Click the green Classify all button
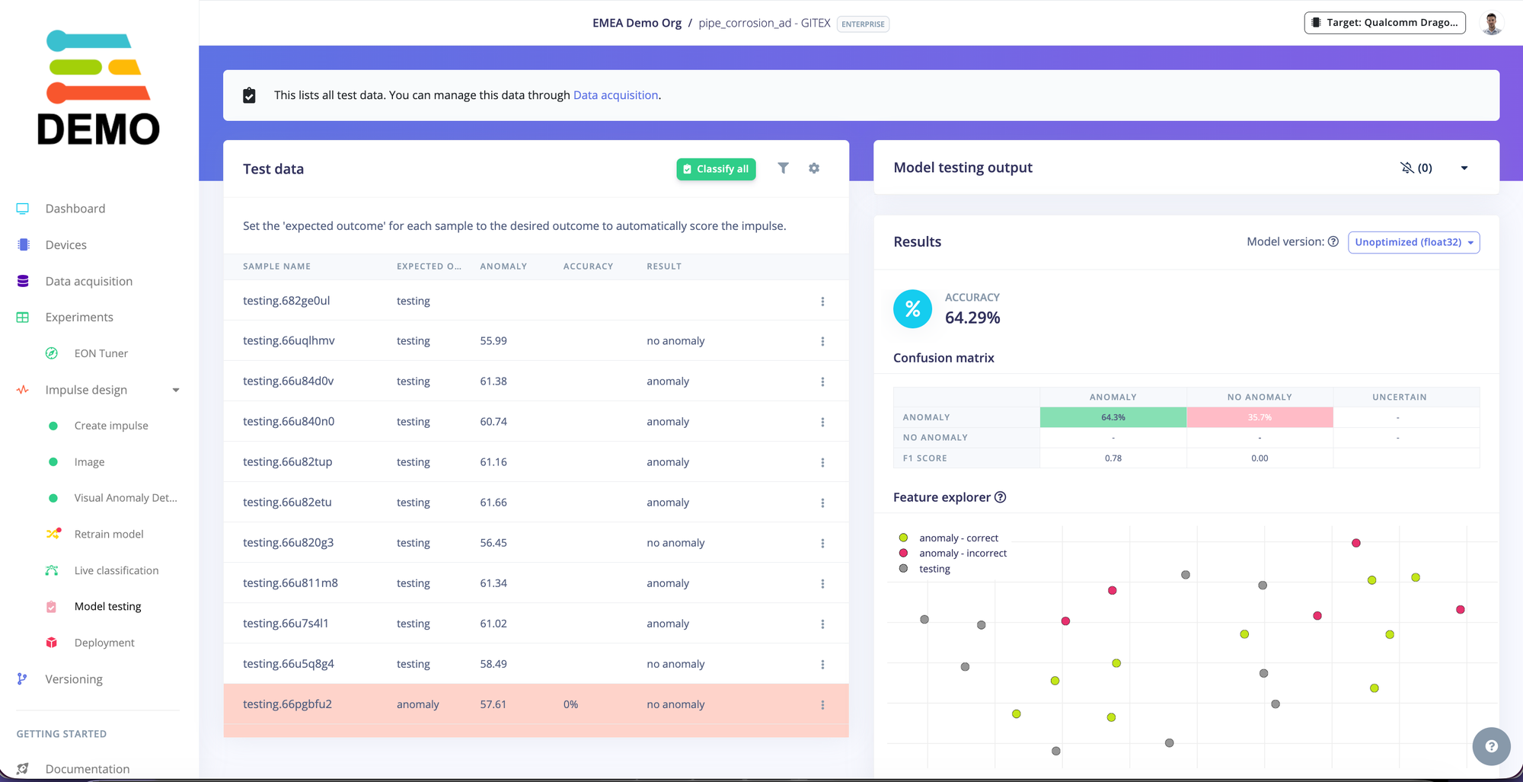(716, 169)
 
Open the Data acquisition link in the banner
(615, 95)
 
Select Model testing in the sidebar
(107, 607)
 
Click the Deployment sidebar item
(104, 643)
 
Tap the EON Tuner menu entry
(101, 353)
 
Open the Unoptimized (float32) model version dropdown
(1413, 242)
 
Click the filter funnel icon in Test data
(783, 168)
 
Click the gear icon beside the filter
(814, 168)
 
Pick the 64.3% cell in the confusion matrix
(1113, 417)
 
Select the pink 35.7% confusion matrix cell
(1260, 417)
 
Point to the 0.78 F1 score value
(1113, 458)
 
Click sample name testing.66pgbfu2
(287, 704)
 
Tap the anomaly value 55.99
(493, 341)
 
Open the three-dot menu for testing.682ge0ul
(822, 302)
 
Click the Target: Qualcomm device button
(1384, 23)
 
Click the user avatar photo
(1492, 23)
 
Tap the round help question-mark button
(1491, 746)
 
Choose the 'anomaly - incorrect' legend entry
(963, 554)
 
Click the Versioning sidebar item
(74, 679)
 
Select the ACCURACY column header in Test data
(588, 267)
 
